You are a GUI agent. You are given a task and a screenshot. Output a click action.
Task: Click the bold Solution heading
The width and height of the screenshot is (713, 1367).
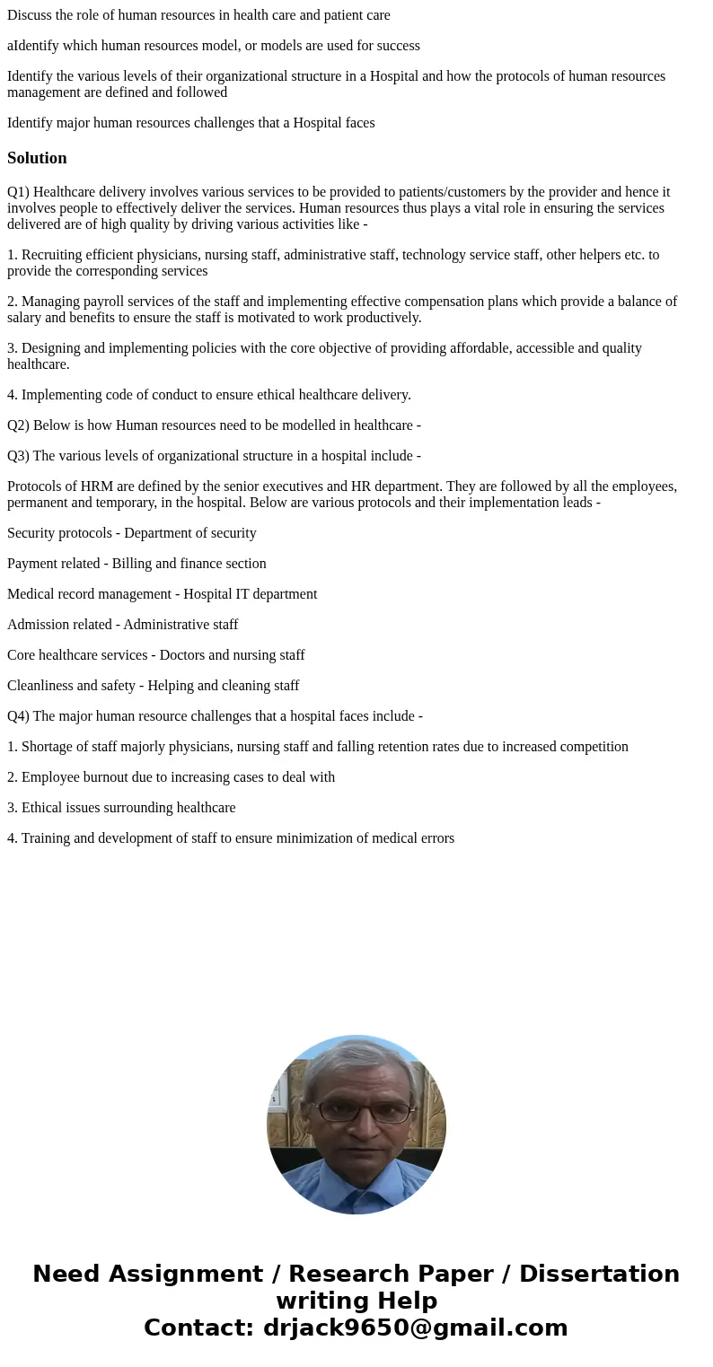pos(37,158)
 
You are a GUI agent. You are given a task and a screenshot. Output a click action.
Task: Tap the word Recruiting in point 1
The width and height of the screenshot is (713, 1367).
pos(52,255)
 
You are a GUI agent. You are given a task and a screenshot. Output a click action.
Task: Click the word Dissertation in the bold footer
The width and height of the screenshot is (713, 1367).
pos(598,1274)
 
